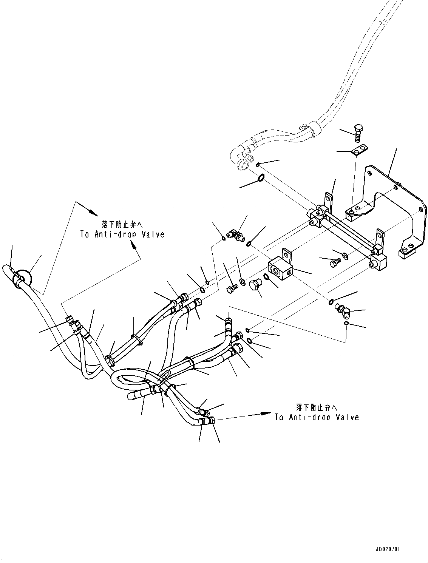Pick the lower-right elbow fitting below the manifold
coord(342,310)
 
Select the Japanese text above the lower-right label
coord(317,407)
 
